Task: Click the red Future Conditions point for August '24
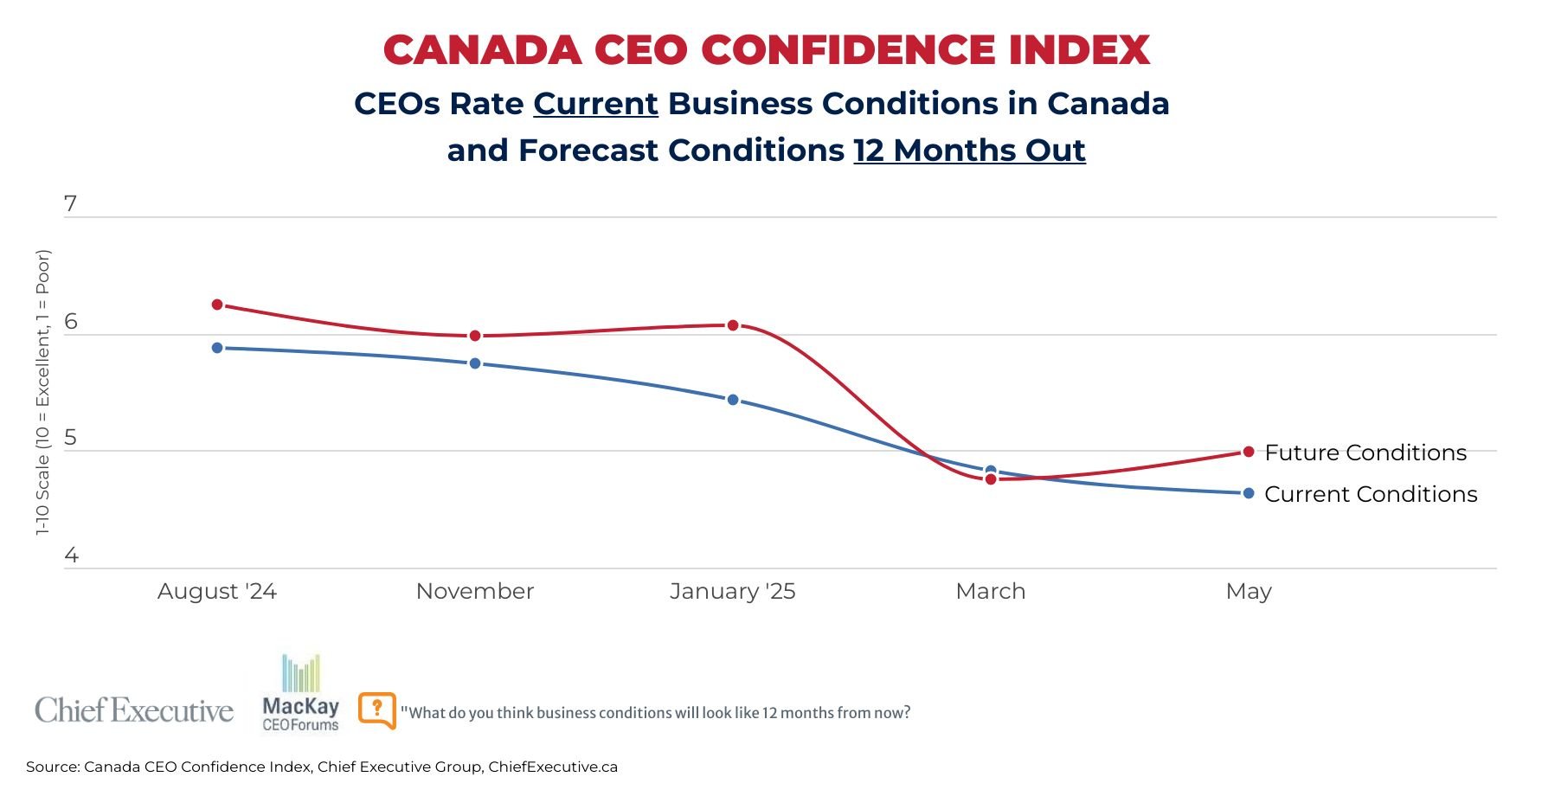[217, 305]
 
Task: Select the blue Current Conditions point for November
[475, 363]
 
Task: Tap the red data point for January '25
[733, 325]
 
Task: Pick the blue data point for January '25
[733, 400]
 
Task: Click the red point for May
[1249, 452]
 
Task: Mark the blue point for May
[1249, 493]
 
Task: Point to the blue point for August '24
[217, 348]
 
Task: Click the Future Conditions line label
[1365, 453]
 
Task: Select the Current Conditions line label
[1371, 494]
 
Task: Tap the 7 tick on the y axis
[71, 204]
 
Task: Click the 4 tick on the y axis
[71, 555]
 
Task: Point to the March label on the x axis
[990, 591]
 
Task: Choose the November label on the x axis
[475, 591]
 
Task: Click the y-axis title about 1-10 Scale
[43, 392]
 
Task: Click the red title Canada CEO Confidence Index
[767, 50]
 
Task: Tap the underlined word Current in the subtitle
[595, 104]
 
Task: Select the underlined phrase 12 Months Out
[969, 151]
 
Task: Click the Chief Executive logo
[134, 710]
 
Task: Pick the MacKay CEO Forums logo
[300, 695]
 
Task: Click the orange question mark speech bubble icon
[376, 710]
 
